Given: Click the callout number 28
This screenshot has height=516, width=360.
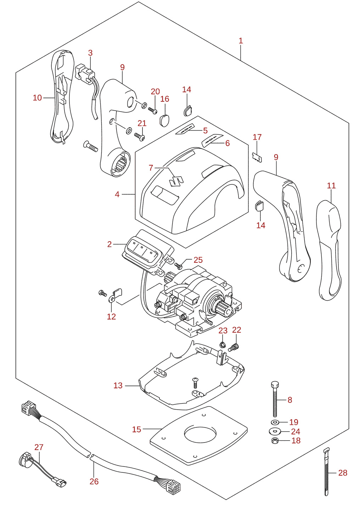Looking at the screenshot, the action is click(343, 473).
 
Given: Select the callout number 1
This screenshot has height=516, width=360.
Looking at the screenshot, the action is click(241, 41).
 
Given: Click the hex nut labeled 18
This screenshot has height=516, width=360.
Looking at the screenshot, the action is click(275, 441).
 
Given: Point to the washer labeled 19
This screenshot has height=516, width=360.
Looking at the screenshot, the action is click(275, 422).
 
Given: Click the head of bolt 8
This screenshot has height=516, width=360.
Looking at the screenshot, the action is click(275, 385).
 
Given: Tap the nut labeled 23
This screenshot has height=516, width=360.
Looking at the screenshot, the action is click(222, 345).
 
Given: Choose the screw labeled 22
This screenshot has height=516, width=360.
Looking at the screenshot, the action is click(234, 347).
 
